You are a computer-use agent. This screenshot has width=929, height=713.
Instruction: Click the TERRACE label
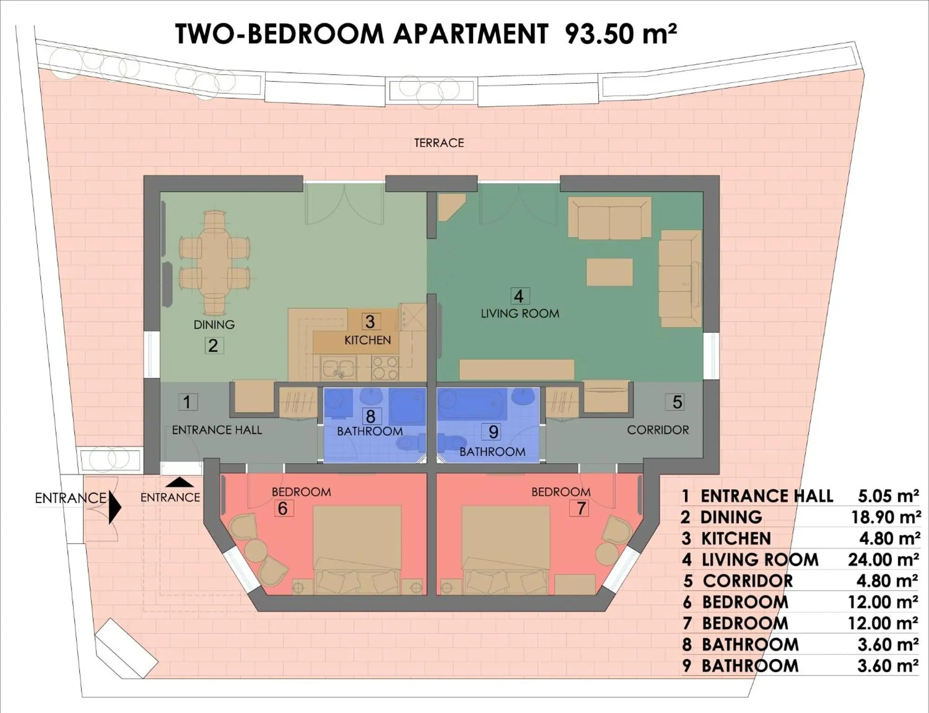pos(439,143)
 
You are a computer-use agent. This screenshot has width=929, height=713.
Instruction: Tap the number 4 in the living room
pos(519,296)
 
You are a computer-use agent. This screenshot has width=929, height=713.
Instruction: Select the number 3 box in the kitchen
pos(370,321)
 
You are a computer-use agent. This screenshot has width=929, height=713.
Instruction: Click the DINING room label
pos(214,324)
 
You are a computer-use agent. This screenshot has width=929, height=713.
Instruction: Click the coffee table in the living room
pos(609,272)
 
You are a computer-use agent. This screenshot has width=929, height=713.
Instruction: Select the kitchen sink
pos(339,368)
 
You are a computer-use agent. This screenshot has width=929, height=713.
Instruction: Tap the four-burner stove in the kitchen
pos(385,367)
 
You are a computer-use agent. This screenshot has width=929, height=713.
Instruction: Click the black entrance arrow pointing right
pos(115,507)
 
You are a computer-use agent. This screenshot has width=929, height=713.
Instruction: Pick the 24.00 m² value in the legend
pos(883,560)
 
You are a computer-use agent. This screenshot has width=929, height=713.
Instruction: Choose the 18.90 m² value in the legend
pos(885,517)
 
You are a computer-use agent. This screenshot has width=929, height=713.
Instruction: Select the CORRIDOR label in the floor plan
pos(658,430)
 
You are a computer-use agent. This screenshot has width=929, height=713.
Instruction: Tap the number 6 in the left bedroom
pos(282,509)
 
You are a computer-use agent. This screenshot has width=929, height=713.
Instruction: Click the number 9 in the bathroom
pos(493,432)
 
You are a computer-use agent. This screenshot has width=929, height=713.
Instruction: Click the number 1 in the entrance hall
pos(187,402)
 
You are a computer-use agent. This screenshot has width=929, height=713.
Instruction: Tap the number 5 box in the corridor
pos(677,402)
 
